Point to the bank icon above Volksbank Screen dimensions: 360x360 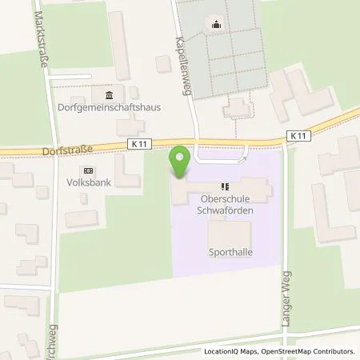pos(88,170)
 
